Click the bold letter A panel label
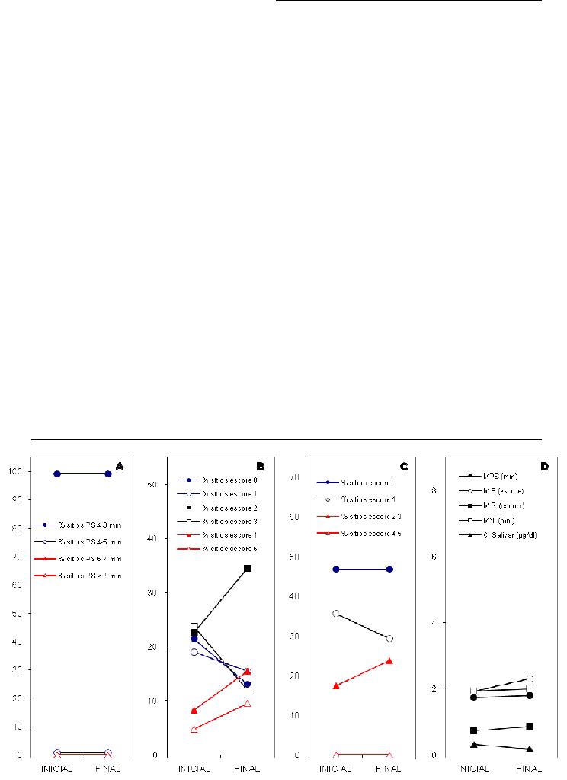coord(119,466)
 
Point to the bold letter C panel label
coord(404,466)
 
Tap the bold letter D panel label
coord(545,466)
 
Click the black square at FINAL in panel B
coord(248,568)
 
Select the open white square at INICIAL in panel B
coord(194,627)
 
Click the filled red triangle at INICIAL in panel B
coord(194,710)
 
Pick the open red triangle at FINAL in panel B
coord(248,703)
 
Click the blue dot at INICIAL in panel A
coord(57,473)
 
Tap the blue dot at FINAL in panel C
coord(389,569)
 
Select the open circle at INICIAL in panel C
coord(336,613)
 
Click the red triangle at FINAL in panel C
coord(389,660)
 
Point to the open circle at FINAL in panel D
coord(530,679)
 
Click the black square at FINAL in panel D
coord(530,727)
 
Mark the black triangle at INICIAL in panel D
coord(474,744)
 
